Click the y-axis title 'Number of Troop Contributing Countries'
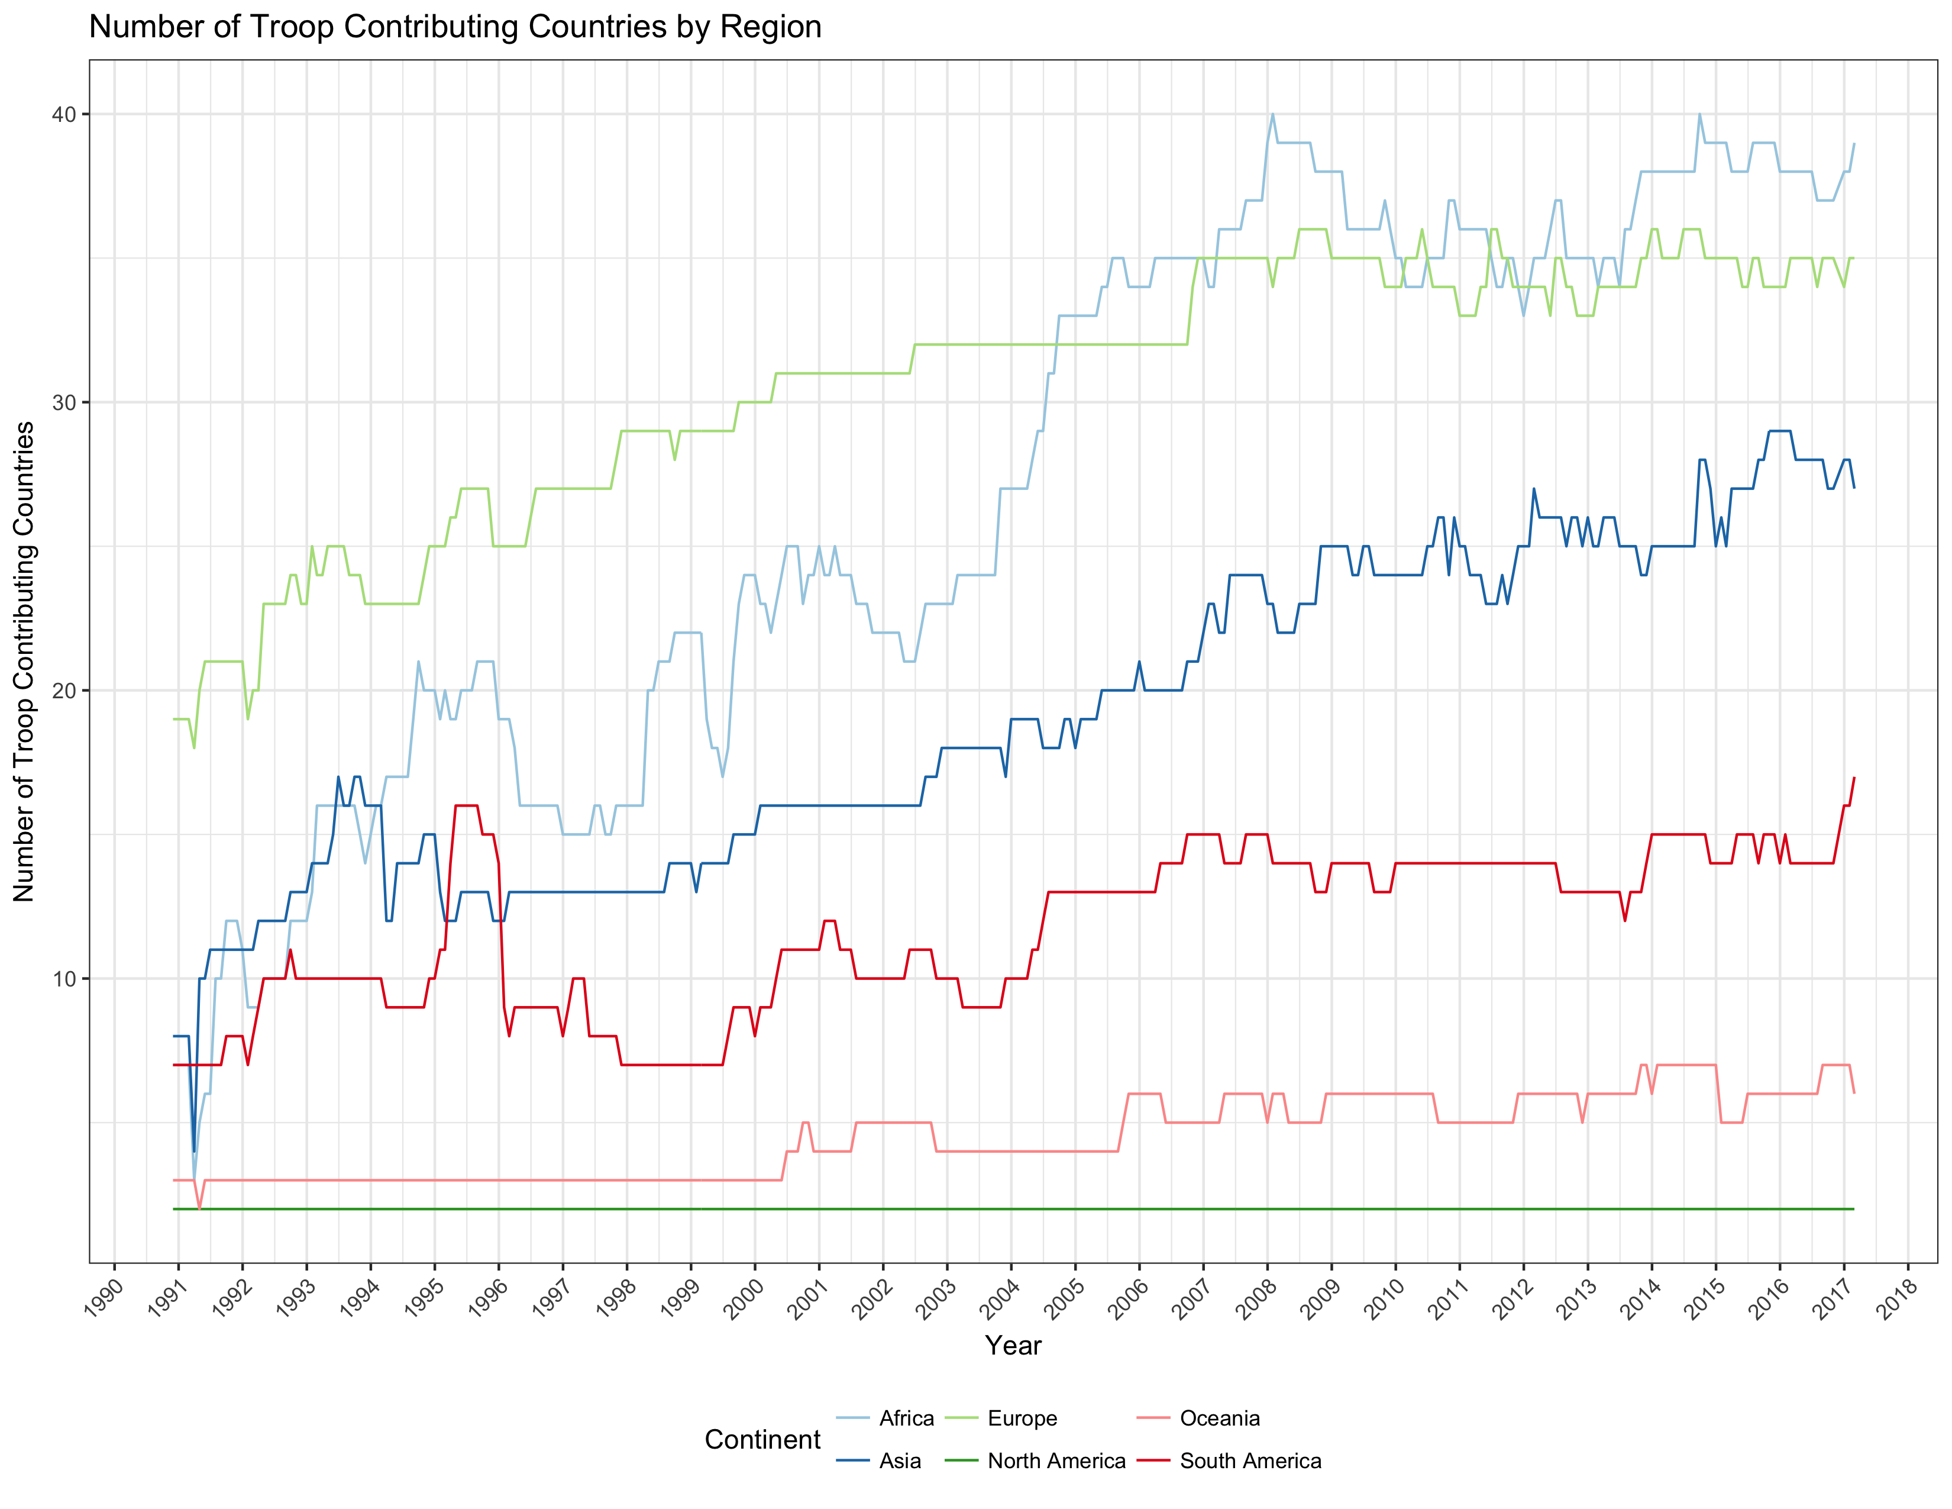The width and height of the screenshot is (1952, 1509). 24,662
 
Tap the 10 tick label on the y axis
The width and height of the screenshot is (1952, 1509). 65,979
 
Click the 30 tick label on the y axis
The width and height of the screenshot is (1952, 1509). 65,403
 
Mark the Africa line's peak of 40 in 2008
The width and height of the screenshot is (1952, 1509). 1273,114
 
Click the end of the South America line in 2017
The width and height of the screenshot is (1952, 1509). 1854,778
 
